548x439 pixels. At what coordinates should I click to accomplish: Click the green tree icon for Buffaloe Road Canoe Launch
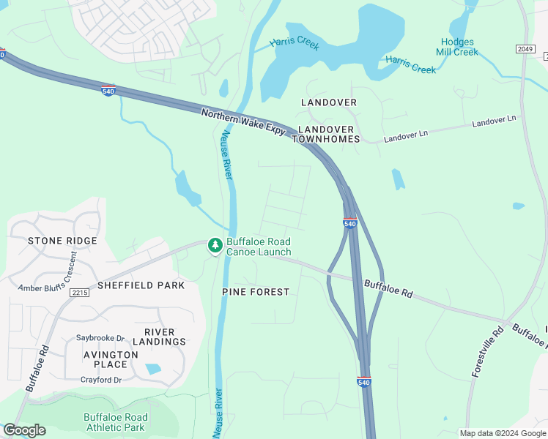tap(215, 246)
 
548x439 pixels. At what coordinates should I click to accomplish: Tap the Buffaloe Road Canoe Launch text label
tap(258, 247)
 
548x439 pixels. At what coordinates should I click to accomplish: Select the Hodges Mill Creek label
tap(458, 48)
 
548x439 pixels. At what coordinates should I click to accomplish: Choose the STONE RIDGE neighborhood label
tap(62, 241)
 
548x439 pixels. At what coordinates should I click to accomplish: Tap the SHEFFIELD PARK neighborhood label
tap(141, 285)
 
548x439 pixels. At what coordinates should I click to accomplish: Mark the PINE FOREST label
tap(256, 292)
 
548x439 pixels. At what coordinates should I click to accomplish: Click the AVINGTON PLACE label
tap(111, 359)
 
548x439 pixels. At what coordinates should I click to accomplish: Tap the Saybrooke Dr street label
tap(100, 339)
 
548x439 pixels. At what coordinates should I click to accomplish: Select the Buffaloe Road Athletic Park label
tap(115, 422)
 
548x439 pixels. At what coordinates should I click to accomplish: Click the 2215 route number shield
tap(79, 293)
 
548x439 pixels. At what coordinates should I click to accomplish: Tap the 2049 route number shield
tap(525, 49)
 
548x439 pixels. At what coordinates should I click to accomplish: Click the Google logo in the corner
tap(24, 430)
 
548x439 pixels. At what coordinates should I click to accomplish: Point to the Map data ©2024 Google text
tap(502, 433)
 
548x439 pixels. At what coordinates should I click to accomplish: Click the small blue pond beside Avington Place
tap(153, 369)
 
